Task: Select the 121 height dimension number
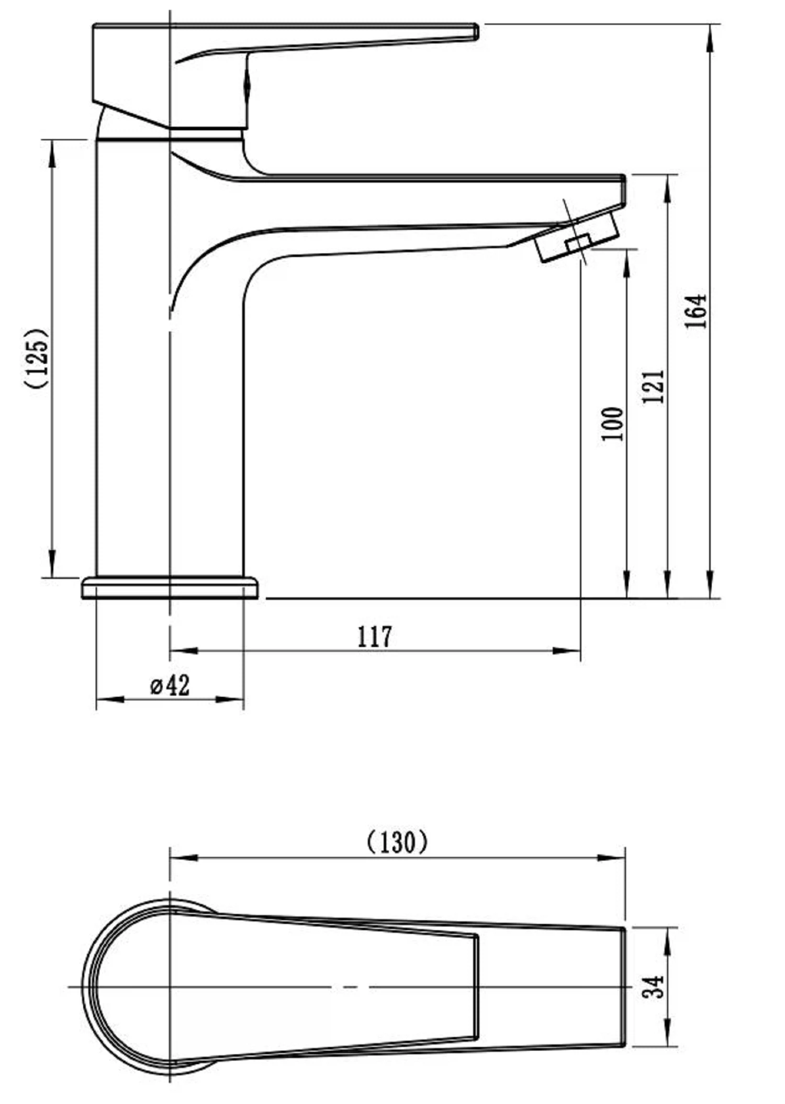tap(653, 386)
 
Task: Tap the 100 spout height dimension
tap(612, 424)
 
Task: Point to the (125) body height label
tap(37, 358)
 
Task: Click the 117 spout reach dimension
tap(374, 637)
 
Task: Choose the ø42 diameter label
tap(170, 685)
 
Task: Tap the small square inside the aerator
tap(578, 243)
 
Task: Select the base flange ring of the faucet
tap(170, 587)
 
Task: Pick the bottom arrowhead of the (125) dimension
tap(52, 564)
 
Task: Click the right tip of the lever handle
tap(477, 31)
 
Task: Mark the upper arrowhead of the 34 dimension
tap(667, 941)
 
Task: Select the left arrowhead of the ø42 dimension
tap(110, 699)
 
